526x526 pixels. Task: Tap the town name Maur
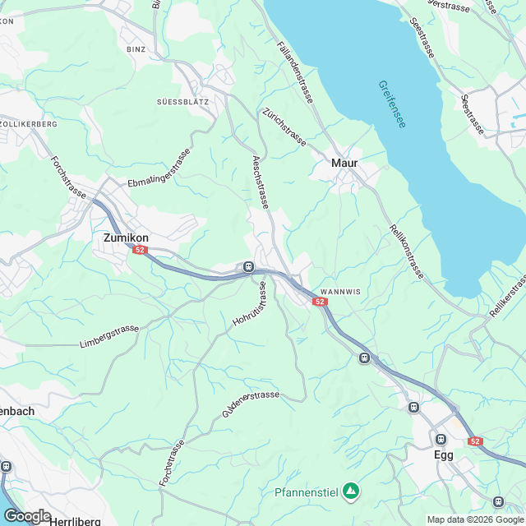point(344,163)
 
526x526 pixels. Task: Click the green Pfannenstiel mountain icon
point(351,491)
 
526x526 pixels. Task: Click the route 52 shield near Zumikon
point(141,250)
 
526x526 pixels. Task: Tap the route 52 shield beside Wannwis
point(320,302)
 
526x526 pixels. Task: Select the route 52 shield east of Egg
point(475,441)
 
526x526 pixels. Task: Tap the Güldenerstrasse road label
point(251,404)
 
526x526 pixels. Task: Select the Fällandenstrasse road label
point(296,72)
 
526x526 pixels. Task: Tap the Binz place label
point(136,49)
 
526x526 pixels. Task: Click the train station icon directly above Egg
point(441,438)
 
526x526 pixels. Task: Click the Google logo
point(27,515)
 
